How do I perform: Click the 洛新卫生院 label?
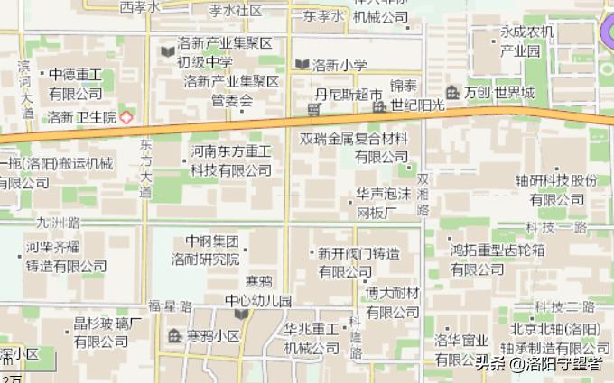(83, 117)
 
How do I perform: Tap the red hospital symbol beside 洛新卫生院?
(126, 117)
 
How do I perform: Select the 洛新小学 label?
(340, 65)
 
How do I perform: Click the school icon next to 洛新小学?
(302, 64)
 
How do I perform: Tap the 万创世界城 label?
(499, 93)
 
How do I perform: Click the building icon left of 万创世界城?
(453, 93)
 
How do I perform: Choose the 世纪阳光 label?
(418, 106)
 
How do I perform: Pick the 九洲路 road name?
(59, 222)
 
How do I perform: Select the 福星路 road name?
(171, 306)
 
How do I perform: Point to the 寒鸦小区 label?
(213, 336)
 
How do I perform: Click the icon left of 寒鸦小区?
(174, 336)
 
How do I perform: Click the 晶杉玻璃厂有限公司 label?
(107, 333)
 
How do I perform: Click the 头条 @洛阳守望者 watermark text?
(539, 364)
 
